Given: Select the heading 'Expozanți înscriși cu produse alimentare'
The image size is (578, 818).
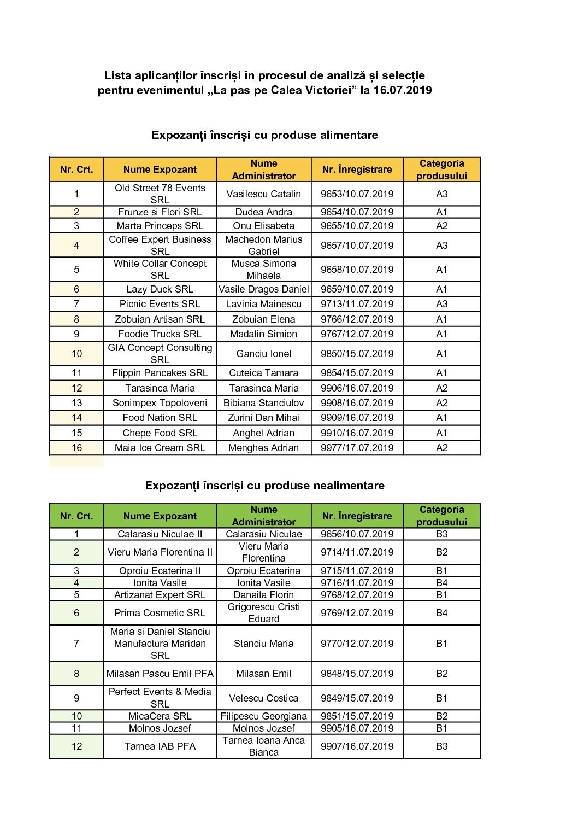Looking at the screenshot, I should [264, 135].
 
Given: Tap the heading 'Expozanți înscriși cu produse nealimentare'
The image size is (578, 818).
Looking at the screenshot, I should [264, 486].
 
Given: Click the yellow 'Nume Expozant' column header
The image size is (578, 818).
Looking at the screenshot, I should [160, 170].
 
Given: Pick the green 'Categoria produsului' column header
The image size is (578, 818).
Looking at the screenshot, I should [441, 516].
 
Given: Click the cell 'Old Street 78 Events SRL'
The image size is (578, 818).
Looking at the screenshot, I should [160, 194].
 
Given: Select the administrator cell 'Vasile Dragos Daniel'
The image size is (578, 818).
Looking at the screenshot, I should [263, 289].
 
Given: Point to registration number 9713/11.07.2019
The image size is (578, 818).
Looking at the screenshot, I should [357, 304].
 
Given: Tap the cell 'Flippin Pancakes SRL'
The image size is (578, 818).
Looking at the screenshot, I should [160, 373].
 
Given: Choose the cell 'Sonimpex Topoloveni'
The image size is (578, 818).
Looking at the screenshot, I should [160, 403].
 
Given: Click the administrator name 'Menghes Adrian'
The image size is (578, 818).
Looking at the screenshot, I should [263, 448].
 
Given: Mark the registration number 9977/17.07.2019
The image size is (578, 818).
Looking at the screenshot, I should [357, 448].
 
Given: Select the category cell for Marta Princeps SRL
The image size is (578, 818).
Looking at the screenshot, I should [441, 226].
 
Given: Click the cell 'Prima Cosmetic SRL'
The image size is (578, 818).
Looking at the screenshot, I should [160, 613].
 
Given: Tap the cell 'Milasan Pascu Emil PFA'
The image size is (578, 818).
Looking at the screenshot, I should [160, 674].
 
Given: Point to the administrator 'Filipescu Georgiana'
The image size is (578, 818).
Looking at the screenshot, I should [263, 716].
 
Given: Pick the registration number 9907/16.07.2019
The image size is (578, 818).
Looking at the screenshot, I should [357, 746].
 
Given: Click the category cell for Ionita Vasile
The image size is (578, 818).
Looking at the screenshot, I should [441, 583].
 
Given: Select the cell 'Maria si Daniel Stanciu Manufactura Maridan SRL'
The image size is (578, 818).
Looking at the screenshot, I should [160, 644].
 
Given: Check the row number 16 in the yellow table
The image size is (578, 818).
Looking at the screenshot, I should [76, 448].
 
